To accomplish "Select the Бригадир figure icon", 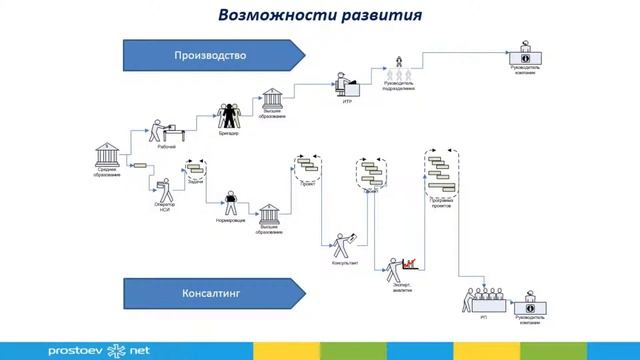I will [x=230, y=114].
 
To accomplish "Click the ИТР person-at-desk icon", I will [x=347, y=82].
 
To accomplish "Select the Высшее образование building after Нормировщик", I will [x=268, y=215].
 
